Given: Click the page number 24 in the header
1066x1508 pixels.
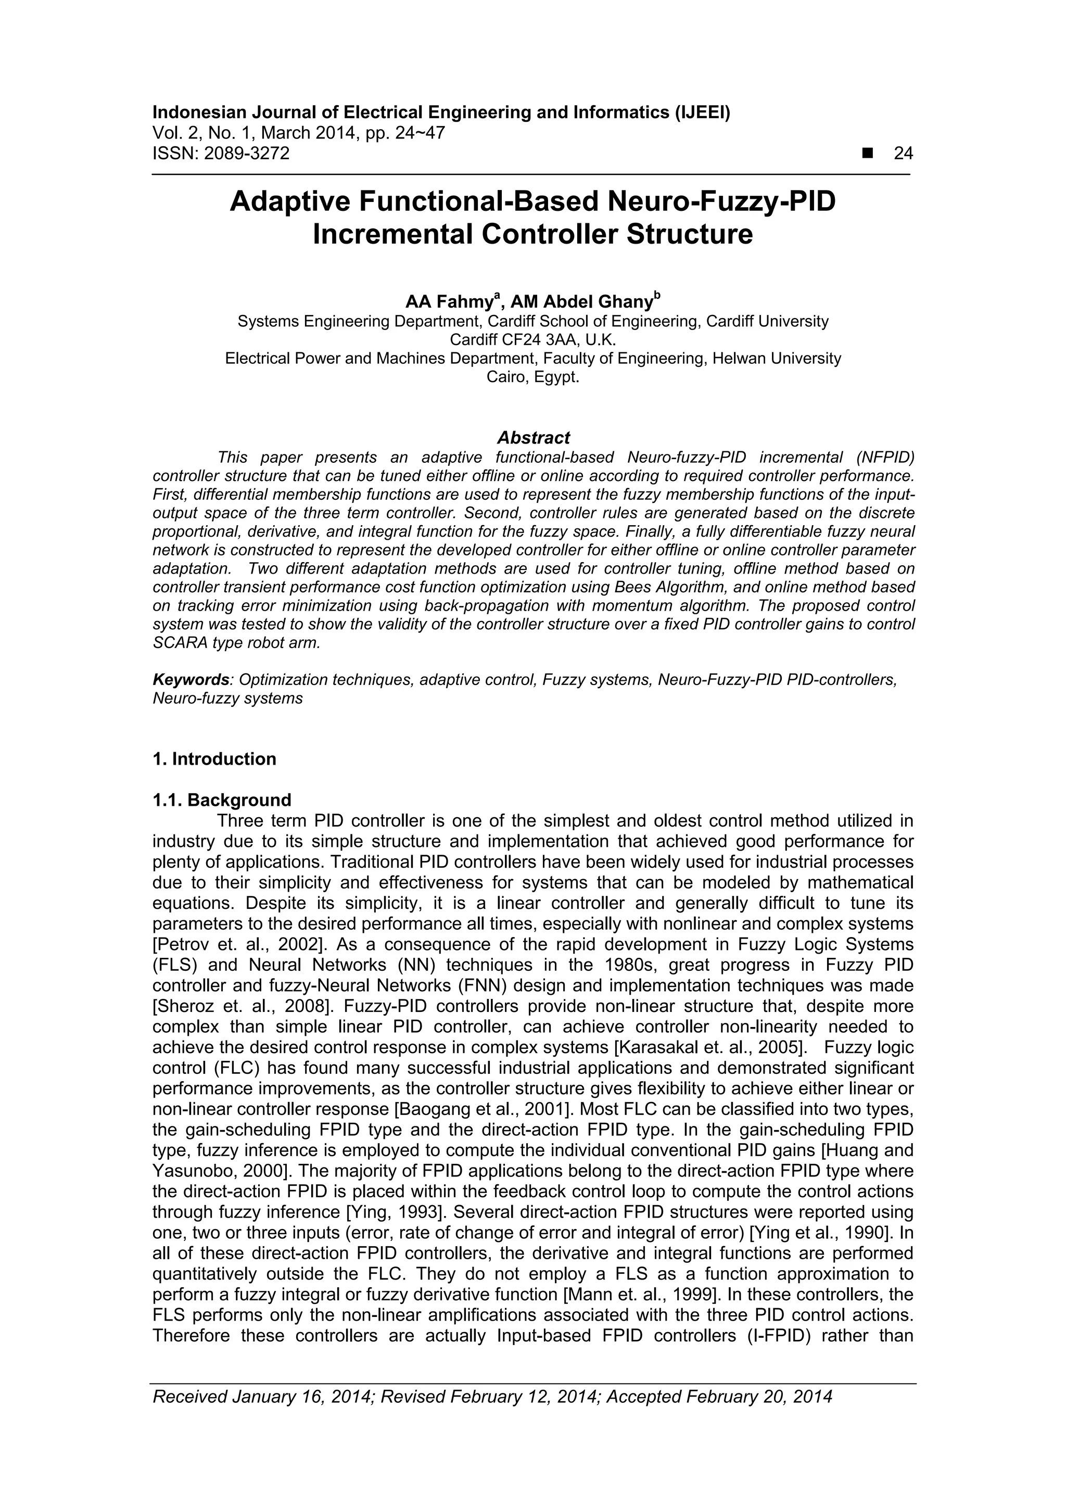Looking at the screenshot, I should coord(903,153).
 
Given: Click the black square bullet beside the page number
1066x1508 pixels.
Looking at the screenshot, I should coord(868,153).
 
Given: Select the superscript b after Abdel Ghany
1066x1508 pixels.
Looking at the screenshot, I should coord(657,296).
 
